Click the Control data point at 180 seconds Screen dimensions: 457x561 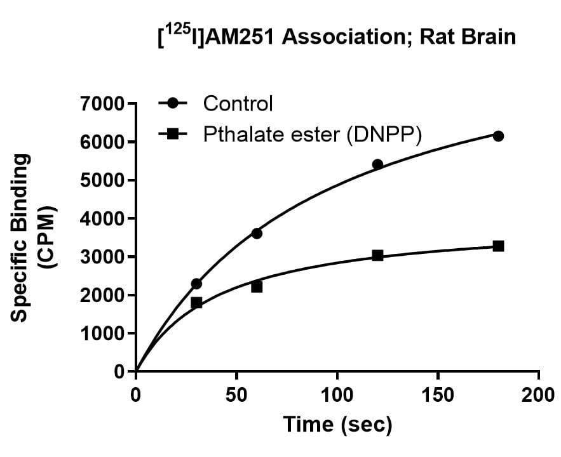[x=498, y=136]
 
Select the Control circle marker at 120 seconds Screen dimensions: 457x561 [x=377, y=164]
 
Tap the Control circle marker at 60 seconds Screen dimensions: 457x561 [x=257, y=233]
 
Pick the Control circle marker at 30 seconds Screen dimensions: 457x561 [x=196, y=284]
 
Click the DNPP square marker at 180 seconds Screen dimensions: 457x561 [x=498, y=246]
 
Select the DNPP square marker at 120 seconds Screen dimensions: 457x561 [x=377, y=255]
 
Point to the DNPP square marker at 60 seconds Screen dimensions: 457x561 [x=257, y=287]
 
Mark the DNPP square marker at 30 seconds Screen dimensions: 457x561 [x=196, y=303]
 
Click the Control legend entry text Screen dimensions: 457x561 [x=238, y=103]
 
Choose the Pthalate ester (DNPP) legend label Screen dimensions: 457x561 [x=312, y=135]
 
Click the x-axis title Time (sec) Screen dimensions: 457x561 [x=337, y=424]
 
